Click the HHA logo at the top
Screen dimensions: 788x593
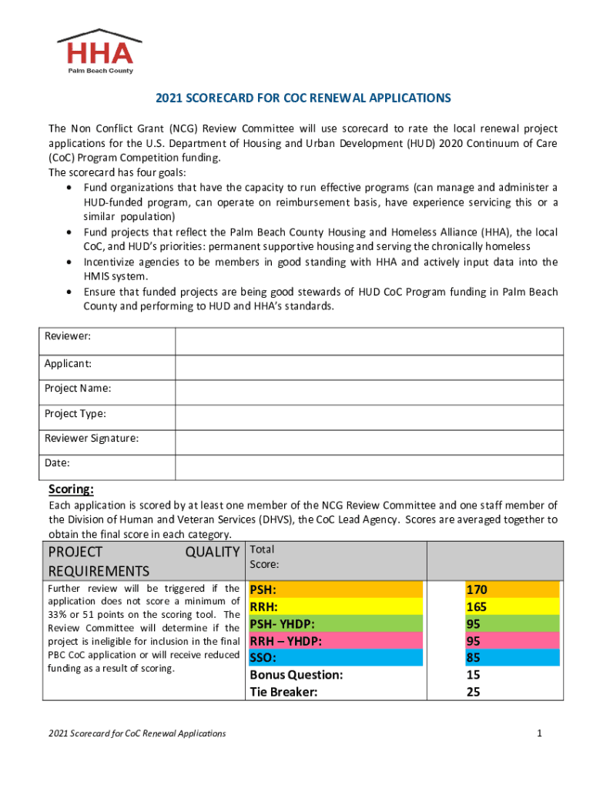tap(99, 52)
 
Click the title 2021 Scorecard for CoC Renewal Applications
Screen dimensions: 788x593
tap(303, 98)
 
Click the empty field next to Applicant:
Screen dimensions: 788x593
tap(369, 363)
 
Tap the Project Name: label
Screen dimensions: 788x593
tap(78, 389)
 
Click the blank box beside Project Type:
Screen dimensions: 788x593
tap(369, 414)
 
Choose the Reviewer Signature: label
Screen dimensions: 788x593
tap(92, 439)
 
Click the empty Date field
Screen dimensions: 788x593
tap(369, 463)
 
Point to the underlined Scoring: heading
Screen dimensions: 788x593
tap(72, 489)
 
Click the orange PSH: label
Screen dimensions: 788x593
tap(263, 590)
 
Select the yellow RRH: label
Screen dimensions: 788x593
tap(263, 607)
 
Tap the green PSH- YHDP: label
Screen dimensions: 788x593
tap(282, 624)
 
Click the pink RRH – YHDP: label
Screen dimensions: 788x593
tap(285, 641)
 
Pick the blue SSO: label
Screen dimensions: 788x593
tap(263, 658)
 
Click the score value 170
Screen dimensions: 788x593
tap(476, 590)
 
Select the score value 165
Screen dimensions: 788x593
tap(476, 607)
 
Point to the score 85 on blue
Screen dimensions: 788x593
tap(474, 658)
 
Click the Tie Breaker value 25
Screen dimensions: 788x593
tap(474, 692)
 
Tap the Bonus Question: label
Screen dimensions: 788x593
tap(296, 675)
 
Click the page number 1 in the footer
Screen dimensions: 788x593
tap(541, 733)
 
